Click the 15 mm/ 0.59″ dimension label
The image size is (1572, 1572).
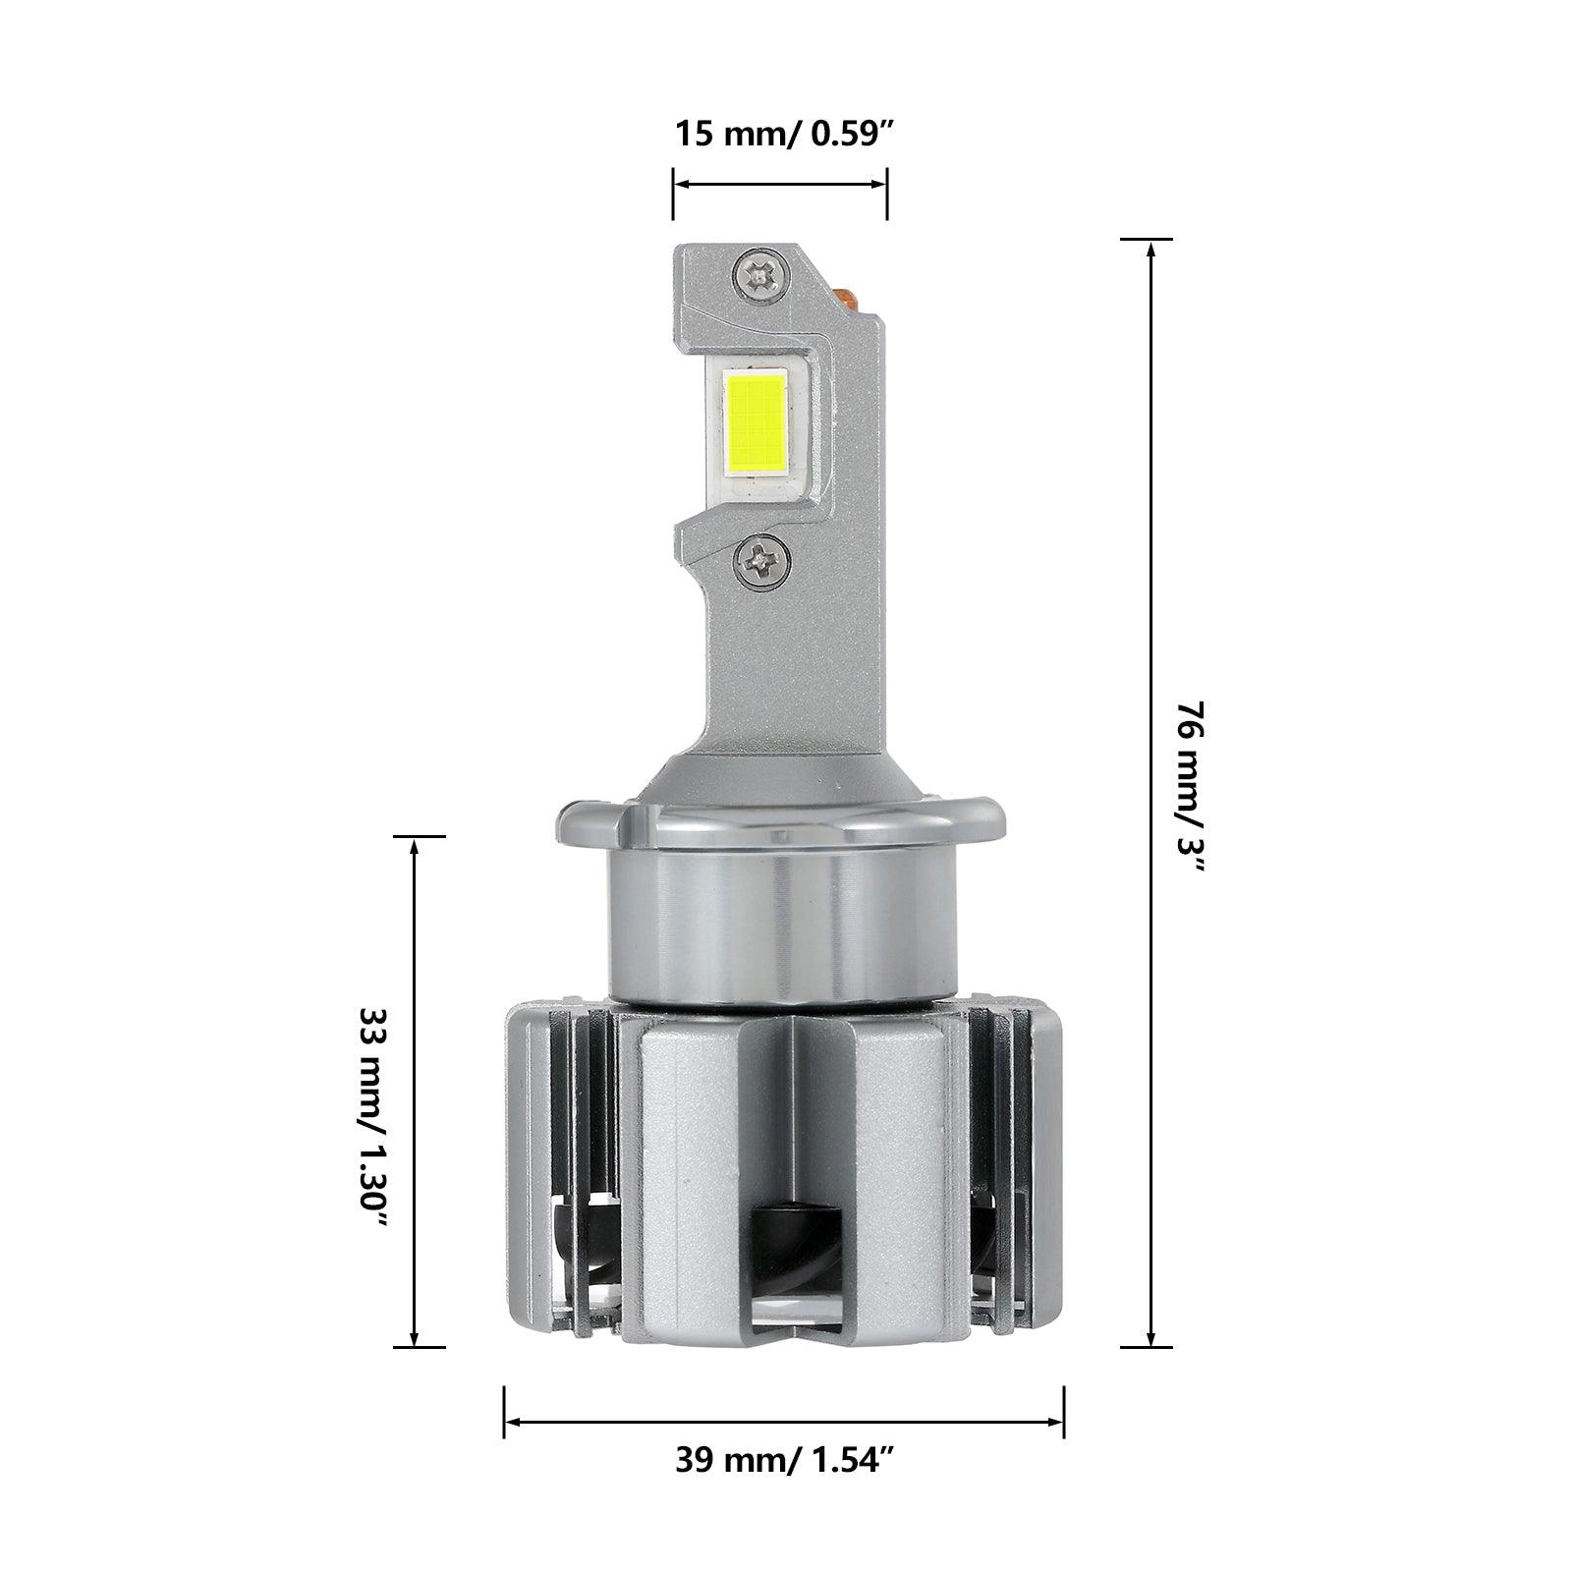point(783,133)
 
